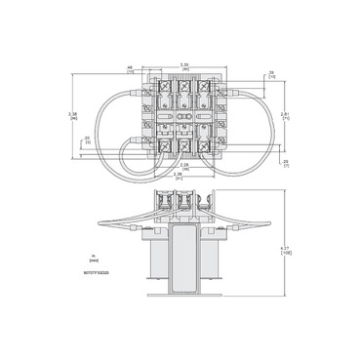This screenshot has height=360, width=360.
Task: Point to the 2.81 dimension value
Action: tap(284, 115)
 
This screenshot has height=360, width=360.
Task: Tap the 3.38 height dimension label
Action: tap(75, 115)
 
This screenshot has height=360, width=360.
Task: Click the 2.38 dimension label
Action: tap(179, 178)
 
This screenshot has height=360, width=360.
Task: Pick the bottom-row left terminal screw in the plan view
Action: tap(160, 147)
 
